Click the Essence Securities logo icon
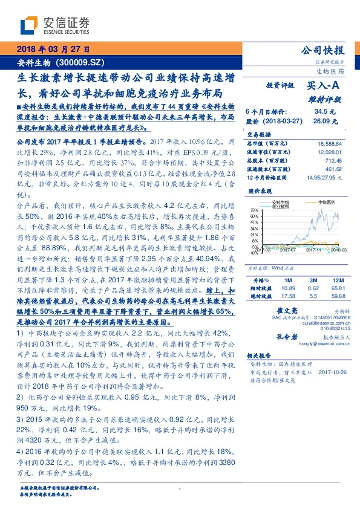28,25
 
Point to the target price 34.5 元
324,112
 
